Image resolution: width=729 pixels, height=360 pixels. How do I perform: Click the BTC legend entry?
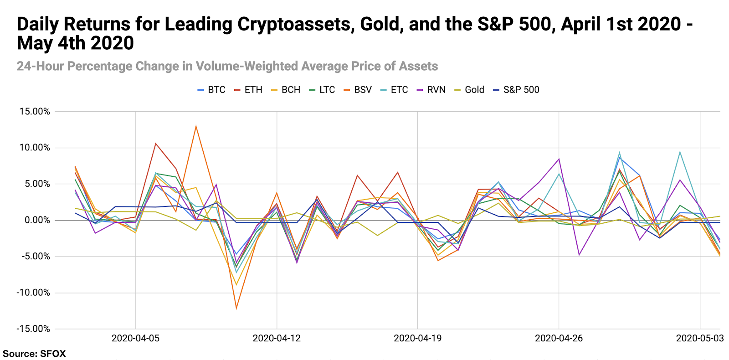click(212, 90)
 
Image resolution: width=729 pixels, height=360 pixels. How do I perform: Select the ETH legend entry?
click(249, 90)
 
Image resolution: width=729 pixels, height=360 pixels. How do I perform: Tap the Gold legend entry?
click(469, 90)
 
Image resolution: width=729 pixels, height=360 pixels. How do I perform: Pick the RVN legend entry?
click(431, 90)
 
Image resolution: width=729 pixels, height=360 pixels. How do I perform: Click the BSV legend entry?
click(358, 90)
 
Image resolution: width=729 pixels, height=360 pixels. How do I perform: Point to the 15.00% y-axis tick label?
click(35, 112)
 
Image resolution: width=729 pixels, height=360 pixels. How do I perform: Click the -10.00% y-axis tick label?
click(33, 293)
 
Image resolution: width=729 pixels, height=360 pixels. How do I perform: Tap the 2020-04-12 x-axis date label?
click(277, 338)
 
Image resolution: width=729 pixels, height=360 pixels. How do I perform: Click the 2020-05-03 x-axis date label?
click(700, 338)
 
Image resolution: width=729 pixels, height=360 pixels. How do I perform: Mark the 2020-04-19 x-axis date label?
click(418, 338)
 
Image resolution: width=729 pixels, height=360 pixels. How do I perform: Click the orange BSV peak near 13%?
click(196, 126)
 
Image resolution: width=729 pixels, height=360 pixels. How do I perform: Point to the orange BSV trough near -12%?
click(236, 309)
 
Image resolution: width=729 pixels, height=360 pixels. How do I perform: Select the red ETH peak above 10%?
click(156, 144)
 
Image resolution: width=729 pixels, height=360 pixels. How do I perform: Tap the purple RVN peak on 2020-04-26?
click(559, 159)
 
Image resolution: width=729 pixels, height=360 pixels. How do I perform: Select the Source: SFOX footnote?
click(35, 354)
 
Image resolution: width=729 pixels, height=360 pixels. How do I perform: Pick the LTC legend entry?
click(322, 90)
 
